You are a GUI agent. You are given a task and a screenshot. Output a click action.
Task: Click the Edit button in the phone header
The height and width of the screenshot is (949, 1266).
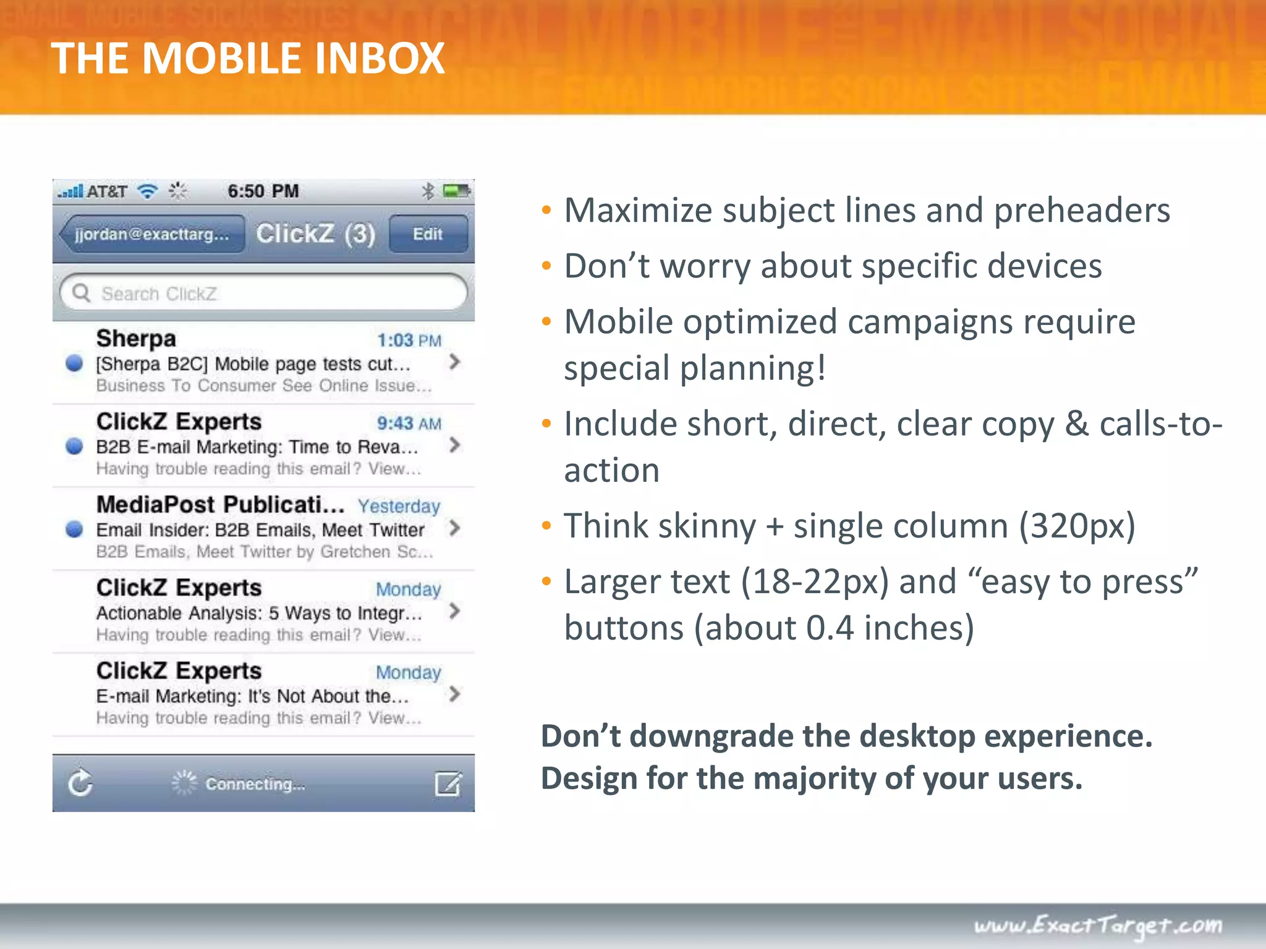coord(428,234)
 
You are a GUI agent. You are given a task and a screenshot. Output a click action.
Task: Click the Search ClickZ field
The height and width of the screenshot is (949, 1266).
coord(263,293)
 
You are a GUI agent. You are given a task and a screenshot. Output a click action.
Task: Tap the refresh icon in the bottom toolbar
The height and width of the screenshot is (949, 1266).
coord(80,783)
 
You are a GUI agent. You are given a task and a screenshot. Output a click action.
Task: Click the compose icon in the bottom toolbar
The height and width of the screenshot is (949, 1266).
coord(448,783)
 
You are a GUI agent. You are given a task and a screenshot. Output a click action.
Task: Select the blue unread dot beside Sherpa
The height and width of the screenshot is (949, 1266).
coord(74,363)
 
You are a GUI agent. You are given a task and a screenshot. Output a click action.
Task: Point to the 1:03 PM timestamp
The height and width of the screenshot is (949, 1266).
coord(409,340)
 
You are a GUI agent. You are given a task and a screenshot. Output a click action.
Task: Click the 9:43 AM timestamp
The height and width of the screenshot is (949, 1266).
coord(409,423)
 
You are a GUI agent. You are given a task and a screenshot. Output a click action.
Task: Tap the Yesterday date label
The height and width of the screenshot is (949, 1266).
coord(399,506)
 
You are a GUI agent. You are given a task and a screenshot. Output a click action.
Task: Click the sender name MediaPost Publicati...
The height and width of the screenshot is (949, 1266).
coord(219,504)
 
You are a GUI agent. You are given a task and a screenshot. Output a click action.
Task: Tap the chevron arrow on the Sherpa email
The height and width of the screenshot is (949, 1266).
coord(455,362)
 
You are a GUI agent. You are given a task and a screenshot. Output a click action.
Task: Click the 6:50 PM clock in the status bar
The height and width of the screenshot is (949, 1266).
coord(263,191)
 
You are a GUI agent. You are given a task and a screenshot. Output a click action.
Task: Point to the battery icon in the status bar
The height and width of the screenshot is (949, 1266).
coord(456,192)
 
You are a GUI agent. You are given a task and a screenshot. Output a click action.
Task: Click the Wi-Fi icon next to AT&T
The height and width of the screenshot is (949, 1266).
coord(148,191)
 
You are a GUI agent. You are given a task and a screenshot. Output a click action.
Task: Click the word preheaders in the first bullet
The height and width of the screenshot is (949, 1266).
coord(1082,211)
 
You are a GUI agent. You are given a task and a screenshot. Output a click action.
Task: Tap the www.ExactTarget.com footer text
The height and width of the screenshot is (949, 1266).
coord(1098,925)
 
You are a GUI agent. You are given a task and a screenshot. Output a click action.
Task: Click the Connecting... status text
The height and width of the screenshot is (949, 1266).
coord(255,784)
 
